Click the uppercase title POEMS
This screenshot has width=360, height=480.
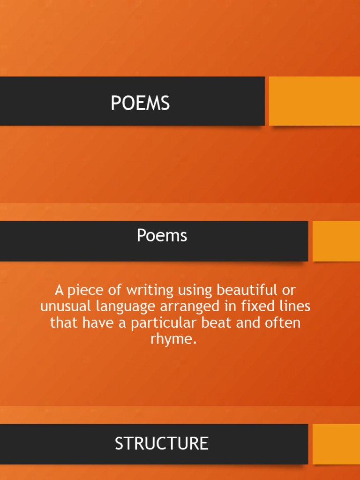(140, 103)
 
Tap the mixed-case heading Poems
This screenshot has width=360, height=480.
(162, 235)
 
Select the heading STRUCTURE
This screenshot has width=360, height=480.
(162, 443)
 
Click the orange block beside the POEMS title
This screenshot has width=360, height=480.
(314, 101)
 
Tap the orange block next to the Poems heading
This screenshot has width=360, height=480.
(336, 241)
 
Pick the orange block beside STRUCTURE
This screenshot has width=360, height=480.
(336, 444)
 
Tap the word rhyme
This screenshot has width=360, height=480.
(172, 339)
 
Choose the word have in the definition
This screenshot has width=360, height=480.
(100, 323)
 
